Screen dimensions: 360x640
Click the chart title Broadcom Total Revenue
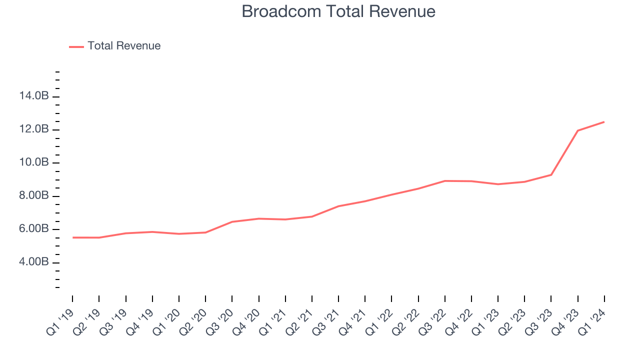338,11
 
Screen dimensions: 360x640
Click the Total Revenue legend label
124,46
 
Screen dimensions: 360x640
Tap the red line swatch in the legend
76,46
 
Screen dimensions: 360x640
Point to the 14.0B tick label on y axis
34,96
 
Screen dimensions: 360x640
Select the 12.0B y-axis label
34,129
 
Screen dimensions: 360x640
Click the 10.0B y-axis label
34,162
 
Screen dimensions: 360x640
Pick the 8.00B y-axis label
34,196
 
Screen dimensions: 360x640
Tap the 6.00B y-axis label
34,229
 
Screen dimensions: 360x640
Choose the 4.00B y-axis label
34,262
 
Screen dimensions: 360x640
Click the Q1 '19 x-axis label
60,323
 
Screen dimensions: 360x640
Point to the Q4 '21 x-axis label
352,323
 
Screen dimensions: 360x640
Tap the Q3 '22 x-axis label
432,323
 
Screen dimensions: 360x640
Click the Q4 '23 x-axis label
565,323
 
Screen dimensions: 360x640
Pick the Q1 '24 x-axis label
592,323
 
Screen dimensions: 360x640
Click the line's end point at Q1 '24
604,122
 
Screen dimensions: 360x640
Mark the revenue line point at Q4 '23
577,130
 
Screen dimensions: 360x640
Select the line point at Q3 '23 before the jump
551,174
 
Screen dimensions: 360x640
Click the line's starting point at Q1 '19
72,237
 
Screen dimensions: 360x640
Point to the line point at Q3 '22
444,181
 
